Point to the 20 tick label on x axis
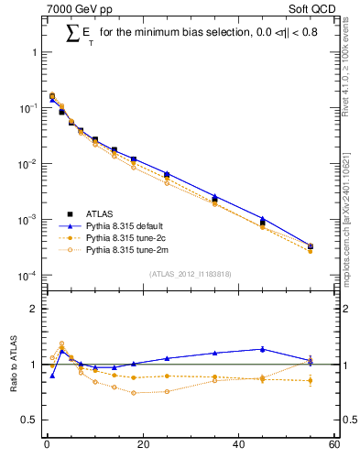coord(142,446)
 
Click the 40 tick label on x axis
coord(238,446)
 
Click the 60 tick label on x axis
coord(333,446)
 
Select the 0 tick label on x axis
coord(47,446)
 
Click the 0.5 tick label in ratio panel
coord(30,420)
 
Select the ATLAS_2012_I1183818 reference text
coord(190,274)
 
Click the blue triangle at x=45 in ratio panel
coord(263,349)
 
